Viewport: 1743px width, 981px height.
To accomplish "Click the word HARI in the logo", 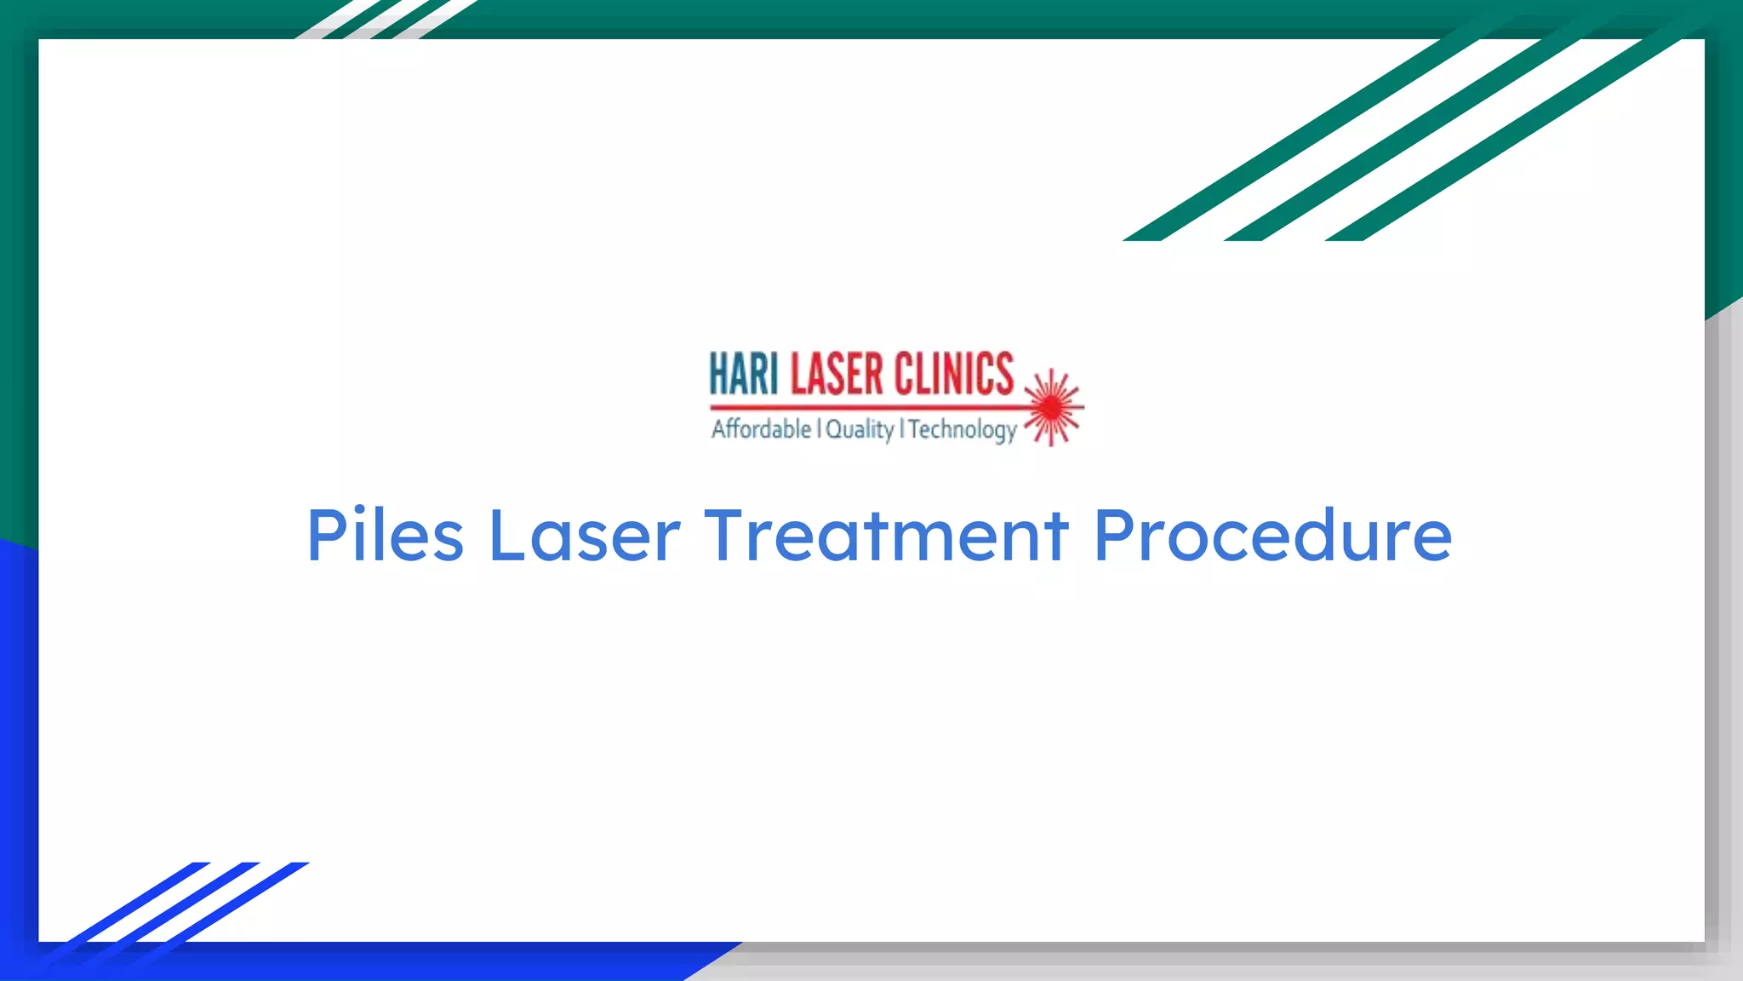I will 744,375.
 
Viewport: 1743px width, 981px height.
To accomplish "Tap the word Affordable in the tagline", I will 761,428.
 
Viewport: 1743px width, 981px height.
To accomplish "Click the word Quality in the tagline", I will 859,429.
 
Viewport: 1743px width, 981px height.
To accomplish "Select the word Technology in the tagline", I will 963,429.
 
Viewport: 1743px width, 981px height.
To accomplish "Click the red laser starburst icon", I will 1053,408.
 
